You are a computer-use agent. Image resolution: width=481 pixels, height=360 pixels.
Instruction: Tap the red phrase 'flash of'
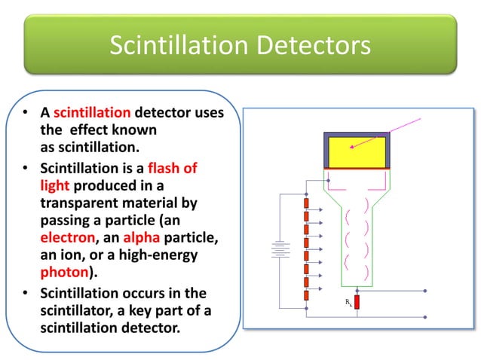click(x=173, y=168)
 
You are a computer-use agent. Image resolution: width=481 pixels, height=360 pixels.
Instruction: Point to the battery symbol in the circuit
click(x=280, y=249)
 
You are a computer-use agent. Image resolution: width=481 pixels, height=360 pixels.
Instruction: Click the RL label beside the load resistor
click(x=347, y=301)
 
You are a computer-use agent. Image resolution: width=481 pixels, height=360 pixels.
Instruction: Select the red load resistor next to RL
click(x=357, y=303)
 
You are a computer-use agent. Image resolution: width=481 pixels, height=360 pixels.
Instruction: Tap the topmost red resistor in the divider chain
click(x=305, y=203)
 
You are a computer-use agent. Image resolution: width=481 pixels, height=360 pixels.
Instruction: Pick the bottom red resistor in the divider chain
click(x=305, y=295)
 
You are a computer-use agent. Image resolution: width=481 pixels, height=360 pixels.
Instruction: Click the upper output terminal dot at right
click(x=427, y=291)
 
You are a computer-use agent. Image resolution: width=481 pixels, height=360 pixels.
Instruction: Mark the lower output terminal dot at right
click(x=427, y=316)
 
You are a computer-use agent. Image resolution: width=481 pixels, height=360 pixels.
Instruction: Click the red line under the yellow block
click(x=356, y=169)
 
